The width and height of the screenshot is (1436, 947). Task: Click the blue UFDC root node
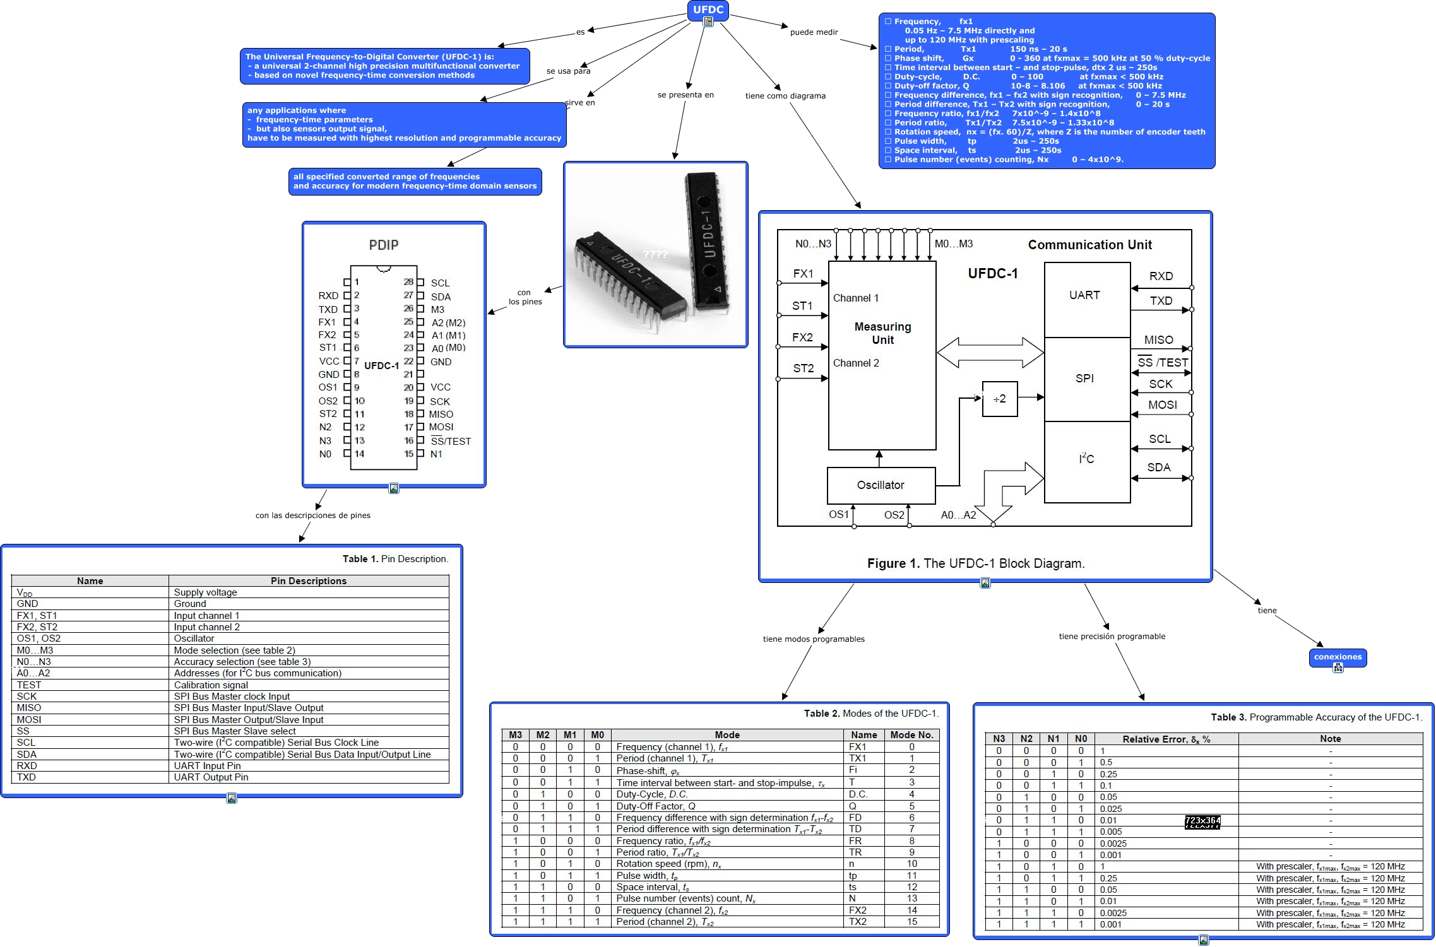coord(708,9)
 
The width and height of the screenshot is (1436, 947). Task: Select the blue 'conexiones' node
coord(1338,657)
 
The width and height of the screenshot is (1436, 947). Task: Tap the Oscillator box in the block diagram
coord(881,485)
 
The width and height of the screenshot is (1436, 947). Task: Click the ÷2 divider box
coord(1000,399)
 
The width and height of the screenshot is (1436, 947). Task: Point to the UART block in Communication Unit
coord(1084,295)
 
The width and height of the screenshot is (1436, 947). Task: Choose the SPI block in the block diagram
coord(1084,379)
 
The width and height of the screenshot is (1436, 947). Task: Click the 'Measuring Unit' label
coord(882,333)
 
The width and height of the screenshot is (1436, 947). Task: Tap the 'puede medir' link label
coord(814,32)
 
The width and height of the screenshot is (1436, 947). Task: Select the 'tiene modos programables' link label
coord(814,639)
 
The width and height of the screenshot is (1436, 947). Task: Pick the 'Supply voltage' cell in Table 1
coord(205,592)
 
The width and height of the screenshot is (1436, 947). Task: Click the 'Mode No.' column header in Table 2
coord(911,735)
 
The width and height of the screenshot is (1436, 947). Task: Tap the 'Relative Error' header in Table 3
coord(1166,739)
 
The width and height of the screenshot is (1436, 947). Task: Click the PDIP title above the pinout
coord(384,245)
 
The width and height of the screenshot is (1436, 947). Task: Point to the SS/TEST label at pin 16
coord(451,442)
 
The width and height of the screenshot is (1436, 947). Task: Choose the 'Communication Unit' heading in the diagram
coord(1089,245)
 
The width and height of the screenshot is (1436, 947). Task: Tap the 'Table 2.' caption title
coord(821,714)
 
